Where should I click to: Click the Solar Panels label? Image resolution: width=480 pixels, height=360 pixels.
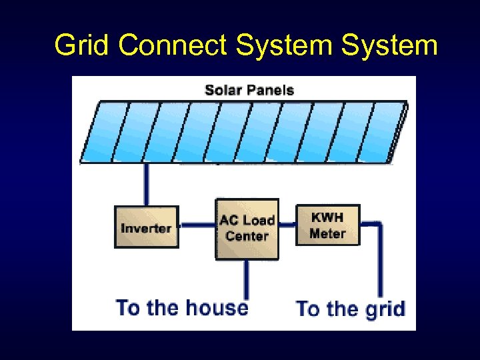pos(249,89)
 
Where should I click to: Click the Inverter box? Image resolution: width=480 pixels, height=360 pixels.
pos(146,228)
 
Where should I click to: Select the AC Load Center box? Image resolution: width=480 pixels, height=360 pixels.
pos(247,228)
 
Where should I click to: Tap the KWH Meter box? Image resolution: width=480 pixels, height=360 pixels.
pos(327,225)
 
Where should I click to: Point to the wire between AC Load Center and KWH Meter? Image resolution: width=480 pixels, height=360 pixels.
pos(287,225)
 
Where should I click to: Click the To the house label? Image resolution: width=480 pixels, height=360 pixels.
pos(181,308)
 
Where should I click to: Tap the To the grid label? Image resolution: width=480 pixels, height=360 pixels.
pos(350,309)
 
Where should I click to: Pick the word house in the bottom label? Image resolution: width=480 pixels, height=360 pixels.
pos(217,308)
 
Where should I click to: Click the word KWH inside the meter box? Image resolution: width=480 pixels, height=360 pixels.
pos(327,217)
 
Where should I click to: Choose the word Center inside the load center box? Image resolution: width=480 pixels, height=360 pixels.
pos(247,236)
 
